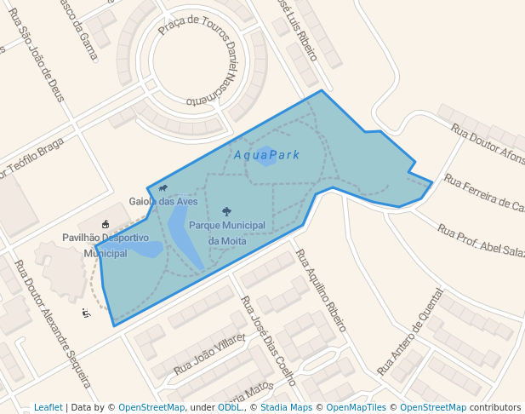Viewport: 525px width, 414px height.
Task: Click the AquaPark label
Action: click(266, 155)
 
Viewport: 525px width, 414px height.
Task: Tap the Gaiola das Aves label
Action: click(163, 202)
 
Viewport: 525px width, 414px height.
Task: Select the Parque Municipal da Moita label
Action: click(227, 233)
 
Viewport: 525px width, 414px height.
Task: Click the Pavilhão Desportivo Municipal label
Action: click(106, 245)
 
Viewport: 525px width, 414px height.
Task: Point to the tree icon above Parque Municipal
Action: click(226, 211)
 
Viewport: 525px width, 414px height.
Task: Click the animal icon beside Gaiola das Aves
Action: click(163, 188)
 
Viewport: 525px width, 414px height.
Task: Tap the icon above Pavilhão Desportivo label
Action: click(106, 224)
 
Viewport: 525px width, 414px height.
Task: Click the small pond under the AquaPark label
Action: click(265, 158)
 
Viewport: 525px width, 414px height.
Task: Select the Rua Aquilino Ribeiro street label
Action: click(321, 290)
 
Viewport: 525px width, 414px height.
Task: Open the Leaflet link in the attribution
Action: click(48, 407)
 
